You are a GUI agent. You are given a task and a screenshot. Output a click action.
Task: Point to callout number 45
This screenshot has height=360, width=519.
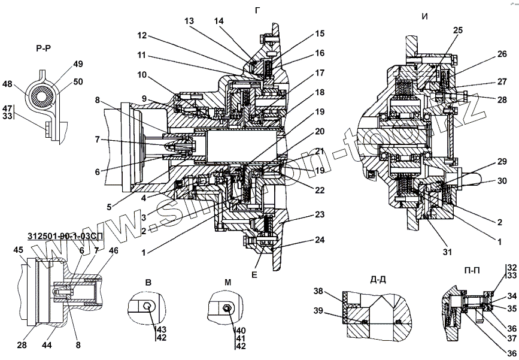[19, 250]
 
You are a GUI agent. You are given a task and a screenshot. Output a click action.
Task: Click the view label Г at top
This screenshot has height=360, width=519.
[258, 10]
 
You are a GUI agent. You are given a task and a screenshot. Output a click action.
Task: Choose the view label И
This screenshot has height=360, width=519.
[424, 17]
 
